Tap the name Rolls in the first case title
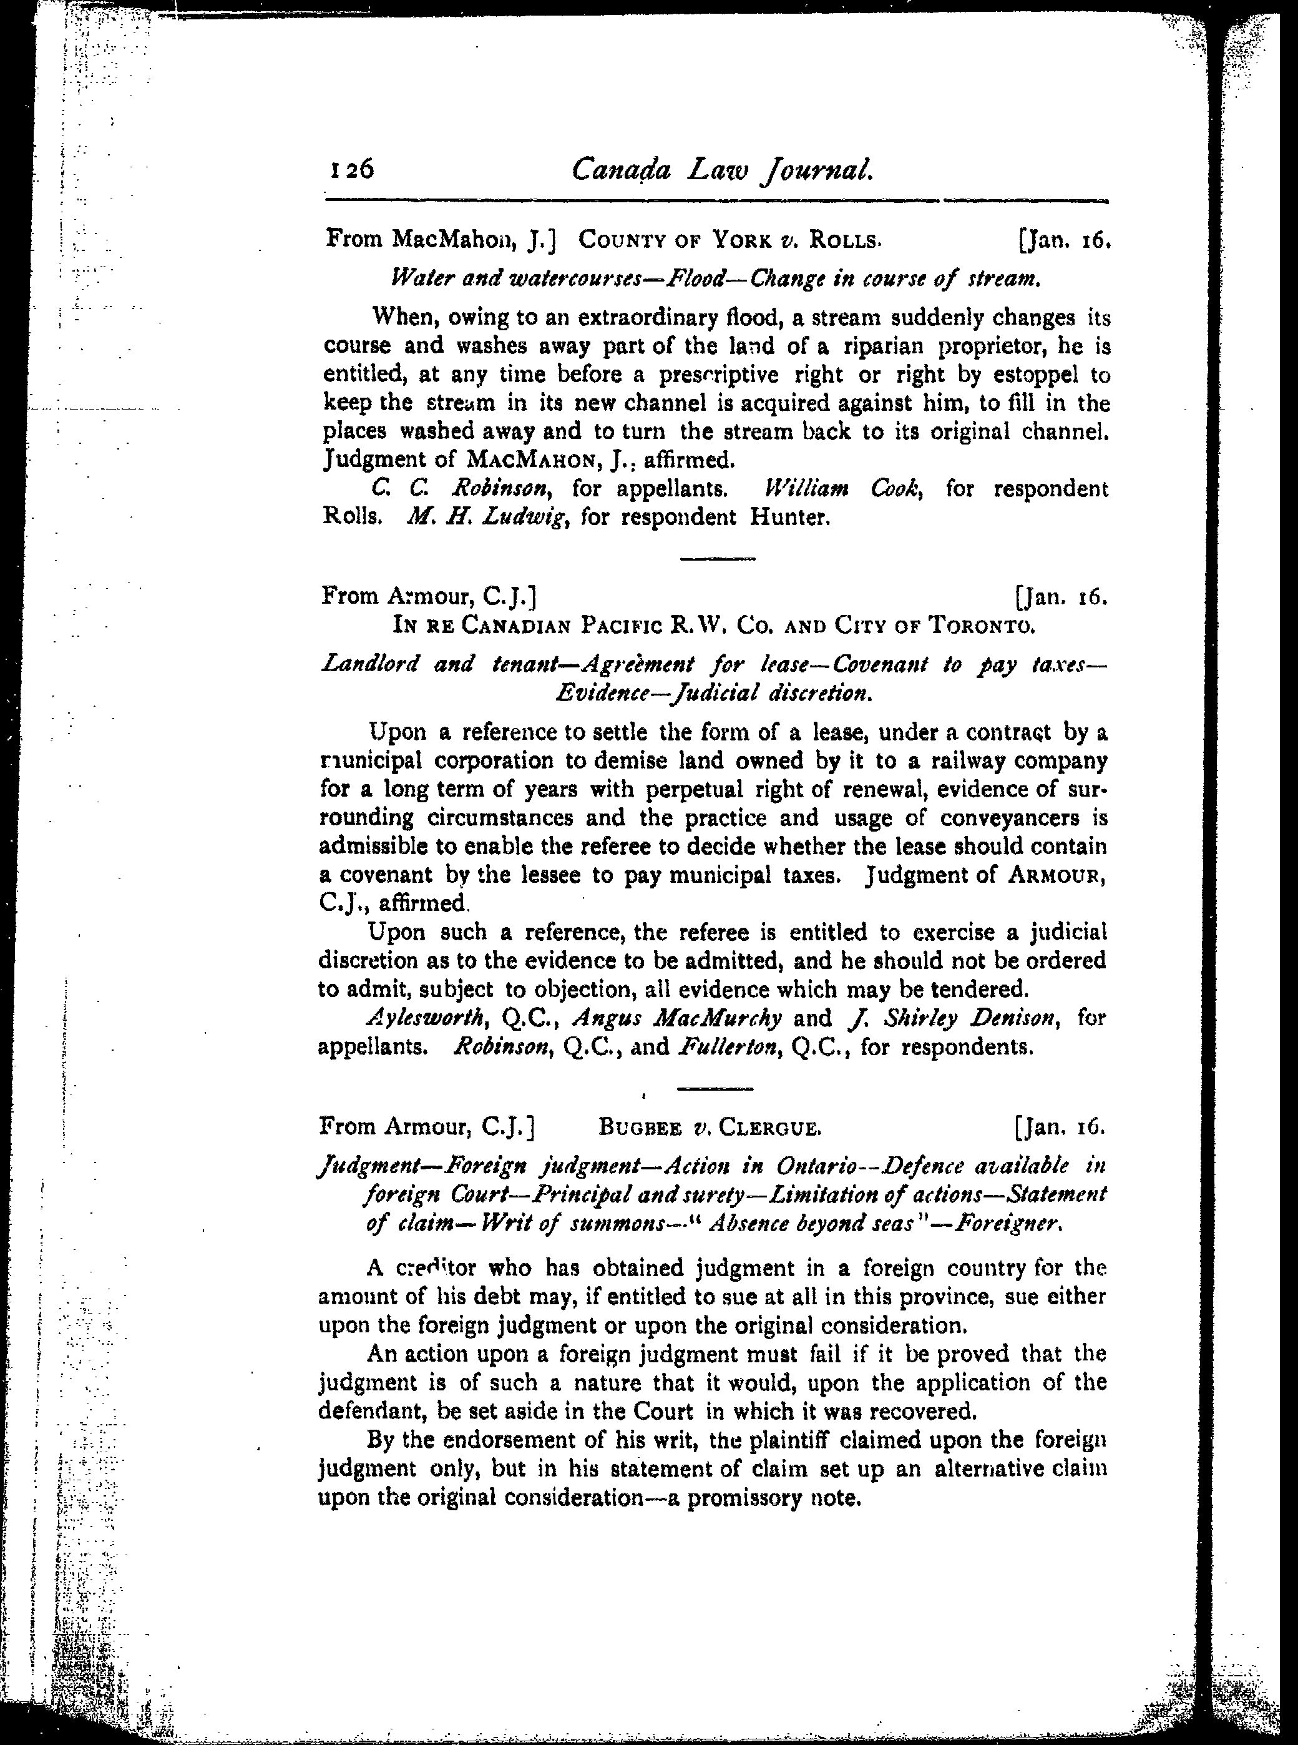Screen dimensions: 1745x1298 point(843,239)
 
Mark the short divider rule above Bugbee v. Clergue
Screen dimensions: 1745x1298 point(715,1089)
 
